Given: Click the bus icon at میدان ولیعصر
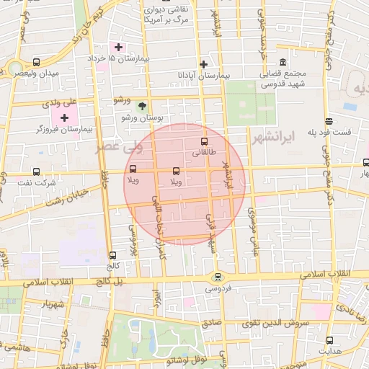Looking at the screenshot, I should click(x=37, y=63).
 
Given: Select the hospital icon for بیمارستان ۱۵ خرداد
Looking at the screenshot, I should click(x=119, y=47).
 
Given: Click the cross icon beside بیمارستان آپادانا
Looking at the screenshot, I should click(x=204, y=64).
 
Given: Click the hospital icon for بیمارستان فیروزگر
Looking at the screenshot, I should click(x=66, y=117).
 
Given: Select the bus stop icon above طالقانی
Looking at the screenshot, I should click(x=203, y=141).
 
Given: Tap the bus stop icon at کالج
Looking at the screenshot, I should click(x=112, y=255).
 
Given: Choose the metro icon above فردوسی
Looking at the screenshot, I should click(x=216, y=277).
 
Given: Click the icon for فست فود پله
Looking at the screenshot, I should click(x=329, y=121).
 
